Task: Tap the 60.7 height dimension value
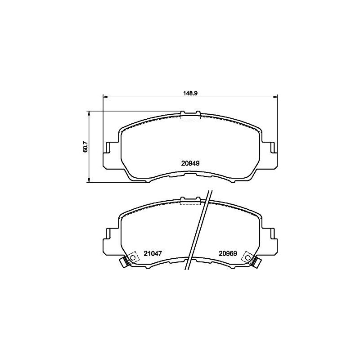[x=85, y=147]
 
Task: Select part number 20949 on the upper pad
[x=190, y=164]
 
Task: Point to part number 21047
[x=153, y=253]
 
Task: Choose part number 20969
[x=228, y=253]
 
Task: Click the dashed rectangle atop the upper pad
[x=190, y=116]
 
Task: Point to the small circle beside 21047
[x=132, y=257]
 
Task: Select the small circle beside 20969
[x=247, y=257]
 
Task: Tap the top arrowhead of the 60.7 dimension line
[x=89, y=113]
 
